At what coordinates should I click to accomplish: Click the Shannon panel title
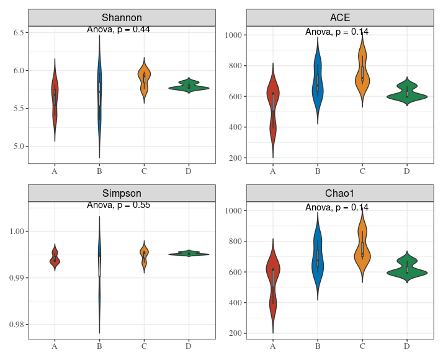coord(122,17)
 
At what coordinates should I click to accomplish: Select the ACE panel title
coord(339,17)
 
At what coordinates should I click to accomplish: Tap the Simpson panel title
coord(122,193)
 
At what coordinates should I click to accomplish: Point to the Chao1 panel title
coord(339,193)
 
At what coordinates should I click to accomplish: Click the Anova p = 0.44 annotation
coord(119,29)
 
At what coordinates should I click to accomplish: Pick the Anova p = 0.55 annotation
coord(119,205)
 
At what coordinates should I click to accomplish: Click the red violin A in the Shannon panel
coord(55,99)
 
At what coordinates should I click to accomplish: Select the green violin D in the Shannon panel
coord(188,88)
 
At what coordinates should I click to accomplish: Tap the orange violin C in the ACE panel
coord(362,71)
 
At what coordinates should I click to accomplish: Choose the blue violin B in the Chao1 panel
coord(317,258)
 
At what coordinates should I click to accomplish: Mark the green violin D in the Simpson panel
coord(188,254)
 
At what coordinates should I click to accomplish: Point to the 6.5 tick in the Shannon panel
coord(17,32)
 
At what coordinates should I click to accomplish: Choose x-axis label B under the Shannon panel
coord(99,171)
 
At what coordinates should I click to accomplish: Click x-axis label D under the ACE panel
coord(406,171)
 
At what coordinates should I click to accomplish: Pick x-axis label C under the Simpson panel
coord(143,346)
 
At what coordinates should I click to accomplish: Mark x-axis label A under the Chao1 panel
coord(272,346)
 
